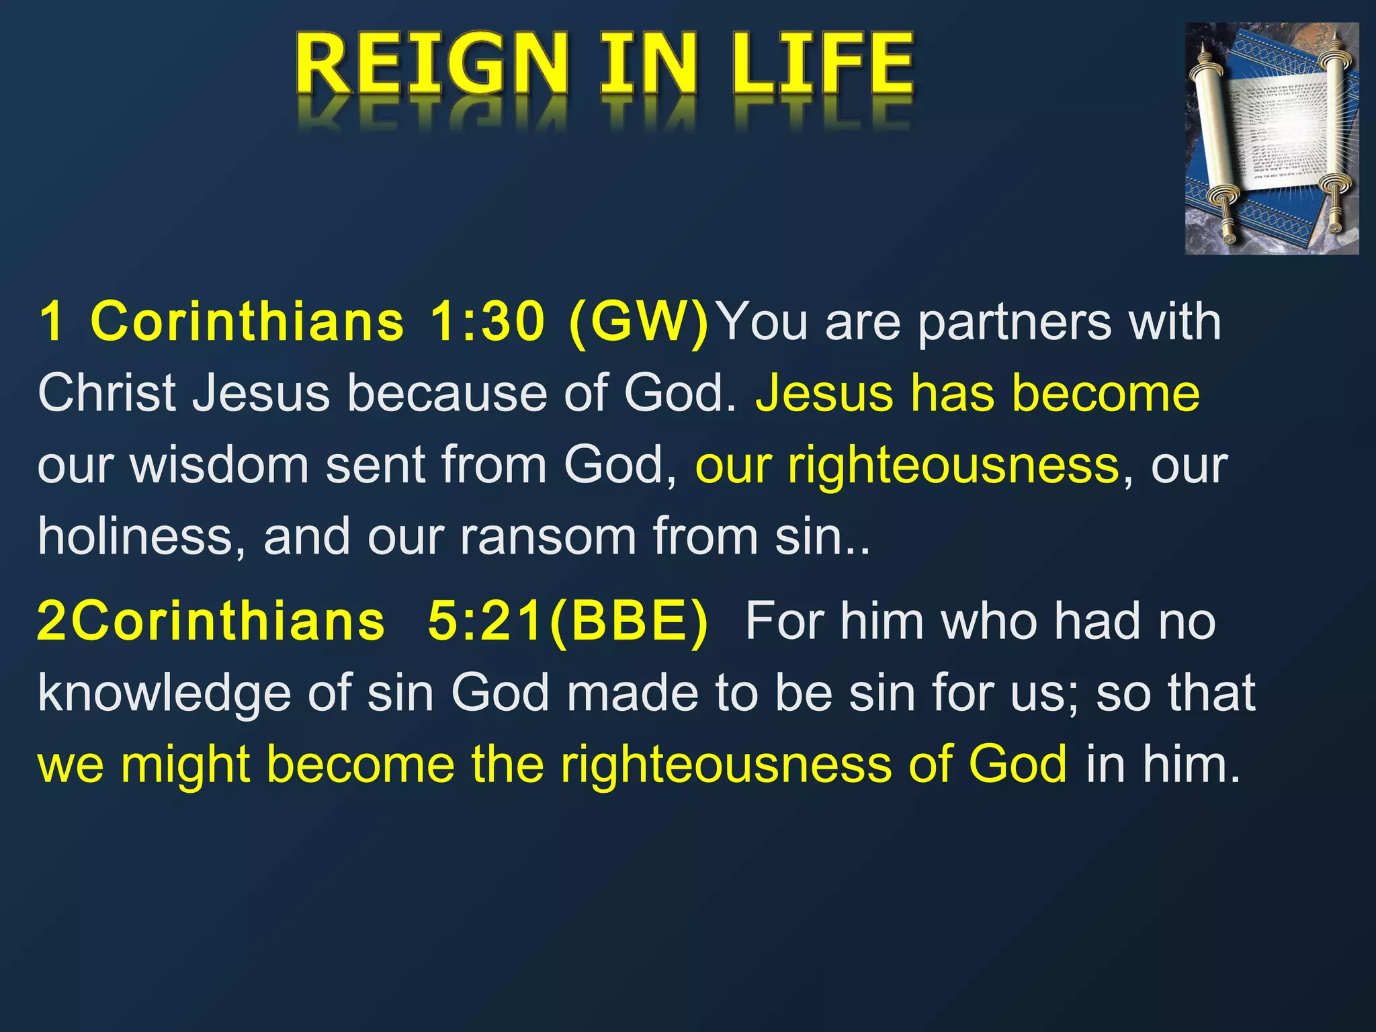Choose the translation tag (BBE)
pyautogui.click(x=628, y=621)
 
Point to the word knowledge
pyautogui.click(x=164, y=694)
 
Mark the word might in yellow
pyautogui.click(x=185, y=766)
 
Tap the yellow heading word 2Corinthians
pyautogui.click(x=211, y=621)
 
